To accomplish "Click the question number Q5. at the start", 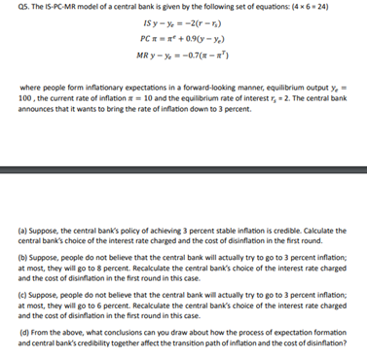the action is point(13,8).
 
